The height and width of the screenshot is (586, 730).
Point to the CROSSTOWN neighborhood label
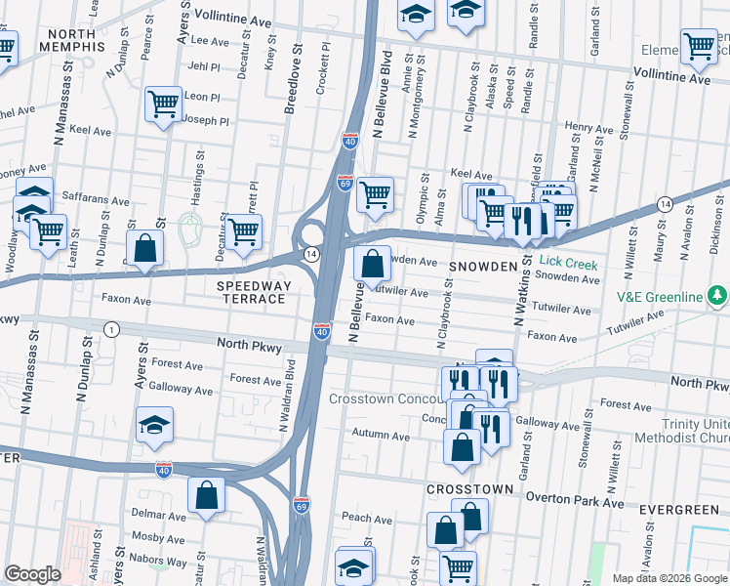point(469,488)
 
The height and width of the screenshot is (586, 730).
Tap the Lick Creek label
point(567,264)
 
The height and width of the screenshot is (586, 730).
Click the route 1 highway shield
point(113,329)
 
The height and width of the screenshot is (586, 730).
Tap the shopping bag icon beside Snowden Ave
point(373,264)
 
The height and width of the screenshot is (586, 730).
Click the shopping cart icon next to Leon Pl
point(164,104)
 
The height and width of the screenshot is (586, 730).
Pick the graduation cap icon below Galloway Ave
point(154,426)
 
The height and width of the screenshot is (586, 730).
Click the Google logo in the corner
point(32,574)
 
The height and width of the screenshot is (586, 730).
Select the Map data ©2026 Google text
point(669,578)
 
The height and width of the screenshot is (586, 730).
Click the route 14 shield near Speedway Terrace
point(310,254)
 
